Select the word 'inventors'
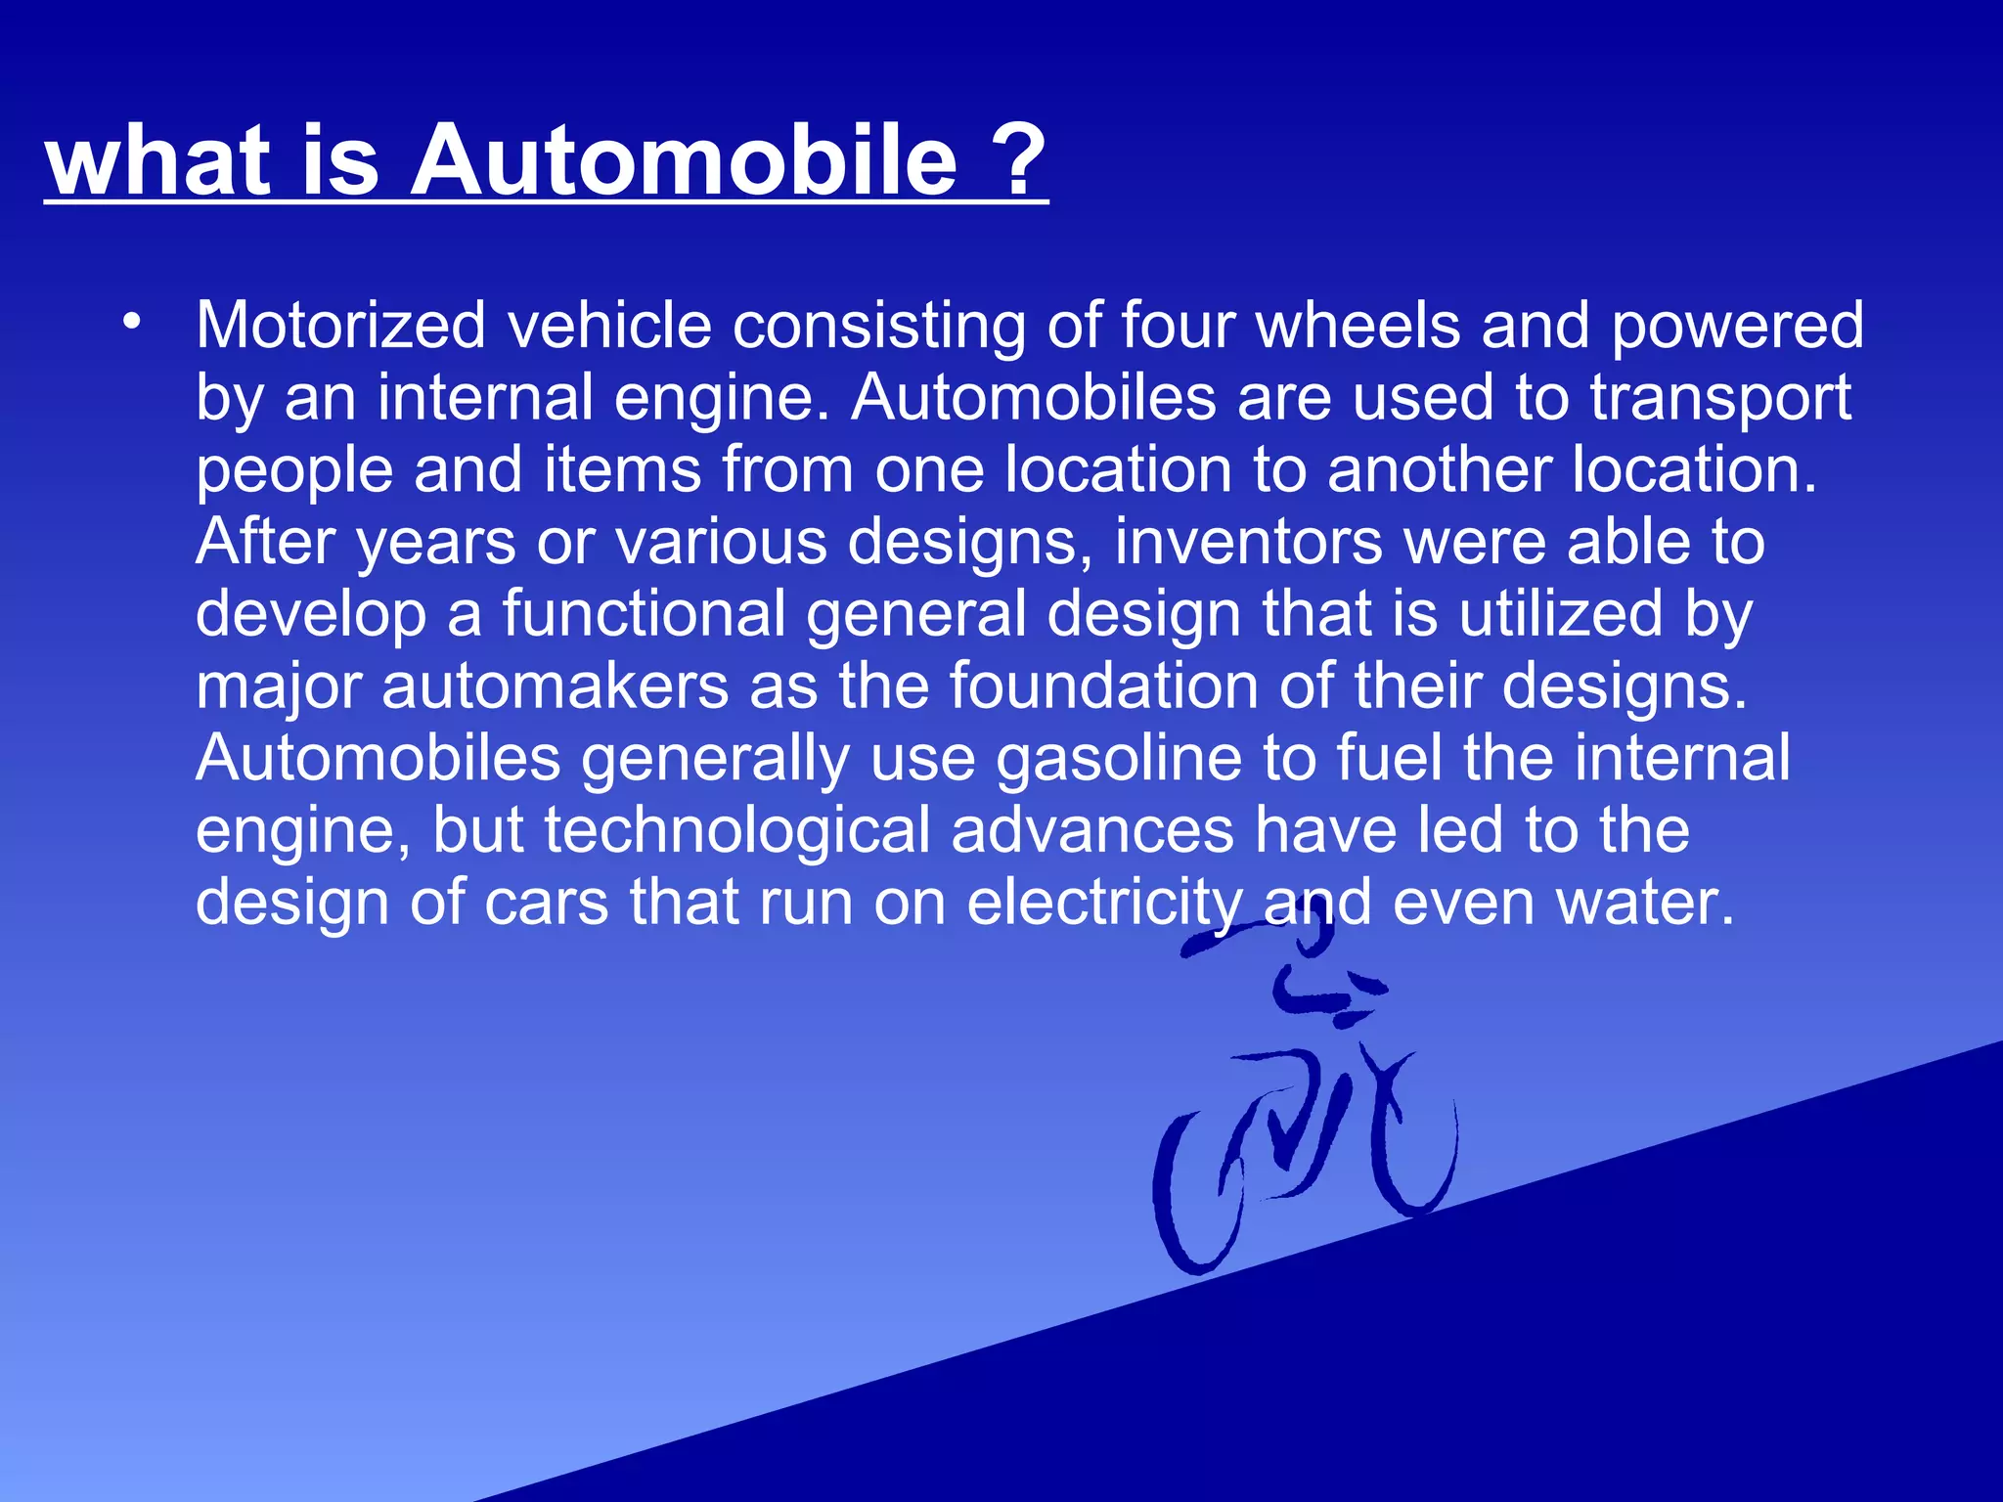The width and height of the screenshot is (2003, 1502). (x=1248, y=542)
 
